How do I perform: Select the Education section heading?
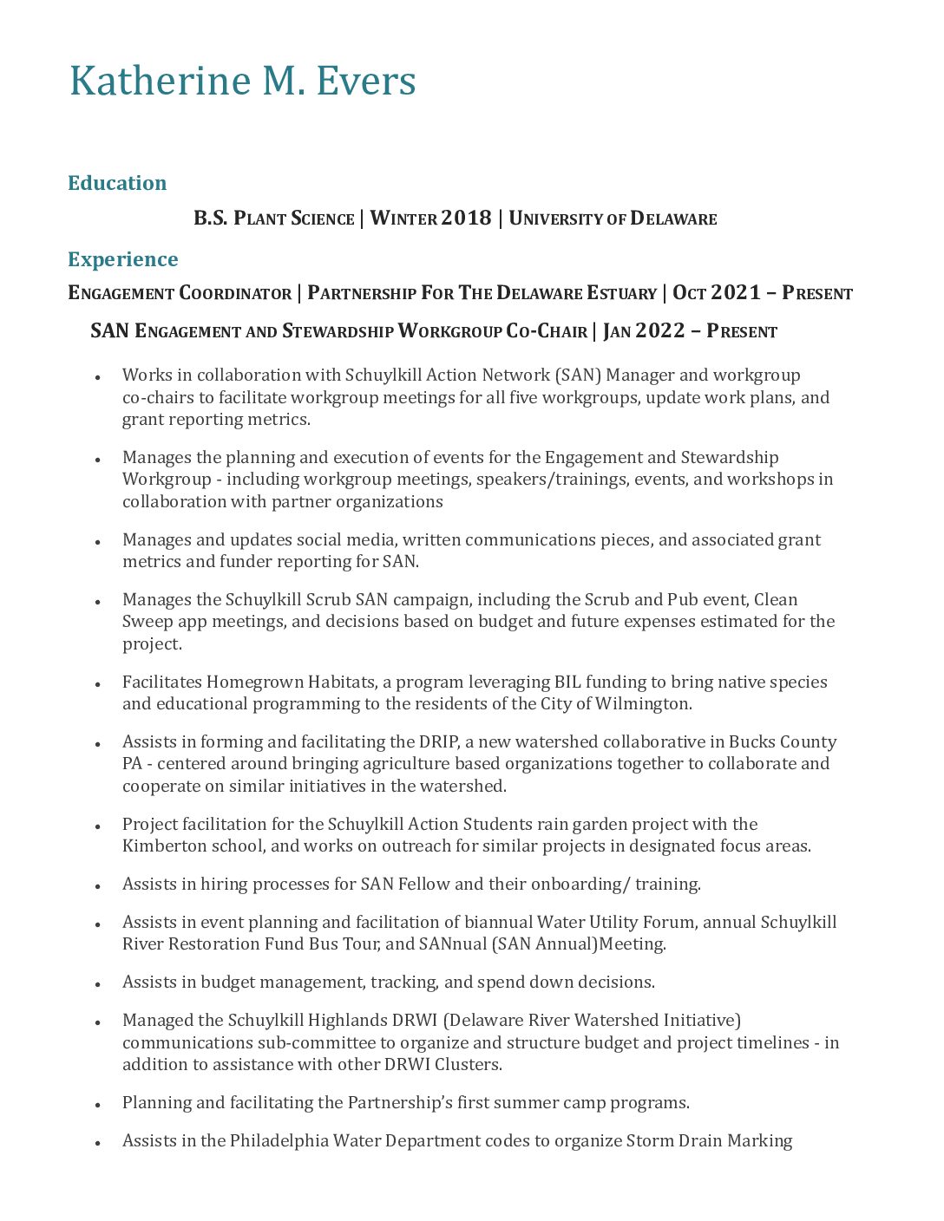(117, 183)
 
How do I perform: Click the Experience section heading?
(123, 259)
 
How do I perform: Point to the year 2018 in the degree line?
(466, 218)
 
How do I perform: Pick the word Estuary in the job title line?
(621, 293)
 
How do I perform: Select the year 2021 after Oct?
(736, 292)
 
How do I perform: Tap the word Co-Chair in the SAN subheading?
(547, 331)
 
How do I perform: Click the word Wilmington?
(642, 703)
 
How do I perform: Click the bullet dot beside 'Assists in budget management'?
(98, 984)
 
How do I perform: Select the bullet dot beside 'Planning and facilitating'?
(98, 1105)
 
